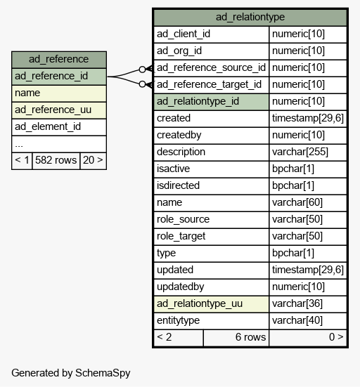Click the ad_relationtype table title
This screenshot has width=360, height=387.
pyautogui.click(x=250, y=18)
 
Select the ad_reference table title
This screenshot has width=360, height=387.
pyautogui.click(x=59, y=59)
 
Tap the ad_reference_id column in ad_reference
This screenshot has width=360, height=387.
pyautogui.click(x=59, y=77)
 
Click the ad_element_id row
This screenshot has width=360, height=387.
pyautogui.click(x=59, y=127)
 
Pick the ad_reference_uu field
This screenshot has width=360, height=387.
pyautogui.click(x=59, y=110)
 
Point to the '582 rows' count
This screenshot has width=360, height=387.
pyautogui.click(x=56, y=161)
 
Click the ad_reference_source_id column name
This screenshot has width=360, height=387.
pyautogui.click(x=211, y=68)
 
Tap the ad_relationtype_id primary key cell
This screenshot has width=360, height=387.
pyautogui.click(x=211, y=102)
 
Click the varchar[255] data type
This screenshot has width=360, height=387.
pyautogui.click(x=300, y=152)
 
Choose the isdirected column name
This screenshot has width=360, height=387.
pyautogui.click(x=178, y=185)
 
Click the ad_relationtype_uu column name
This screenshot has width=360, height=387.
pyautogui.click(x=200, y=304)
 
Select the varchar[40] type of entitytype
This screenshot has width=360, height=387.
pyautogui.click(x=297, y=320)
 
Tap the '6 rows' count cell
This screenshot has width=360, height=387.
pyautogui.click(x=236, y=338)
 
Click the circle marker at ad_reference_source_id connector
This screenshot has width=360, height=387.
pyautogui.click(x=142, y=70)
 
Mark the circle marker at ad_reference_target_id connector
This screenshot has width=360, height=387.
pyautogui.click(x=142, y=84)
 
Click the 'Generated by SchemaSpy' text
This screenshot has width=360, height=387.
pyautogui.click(x=71, y=373)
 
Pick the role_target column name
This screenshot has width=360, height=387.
pyautogui.click(x=181, y=237)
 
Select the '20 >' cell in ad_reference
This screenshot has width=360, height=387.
pyautogui.click(x=93, y=161)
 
